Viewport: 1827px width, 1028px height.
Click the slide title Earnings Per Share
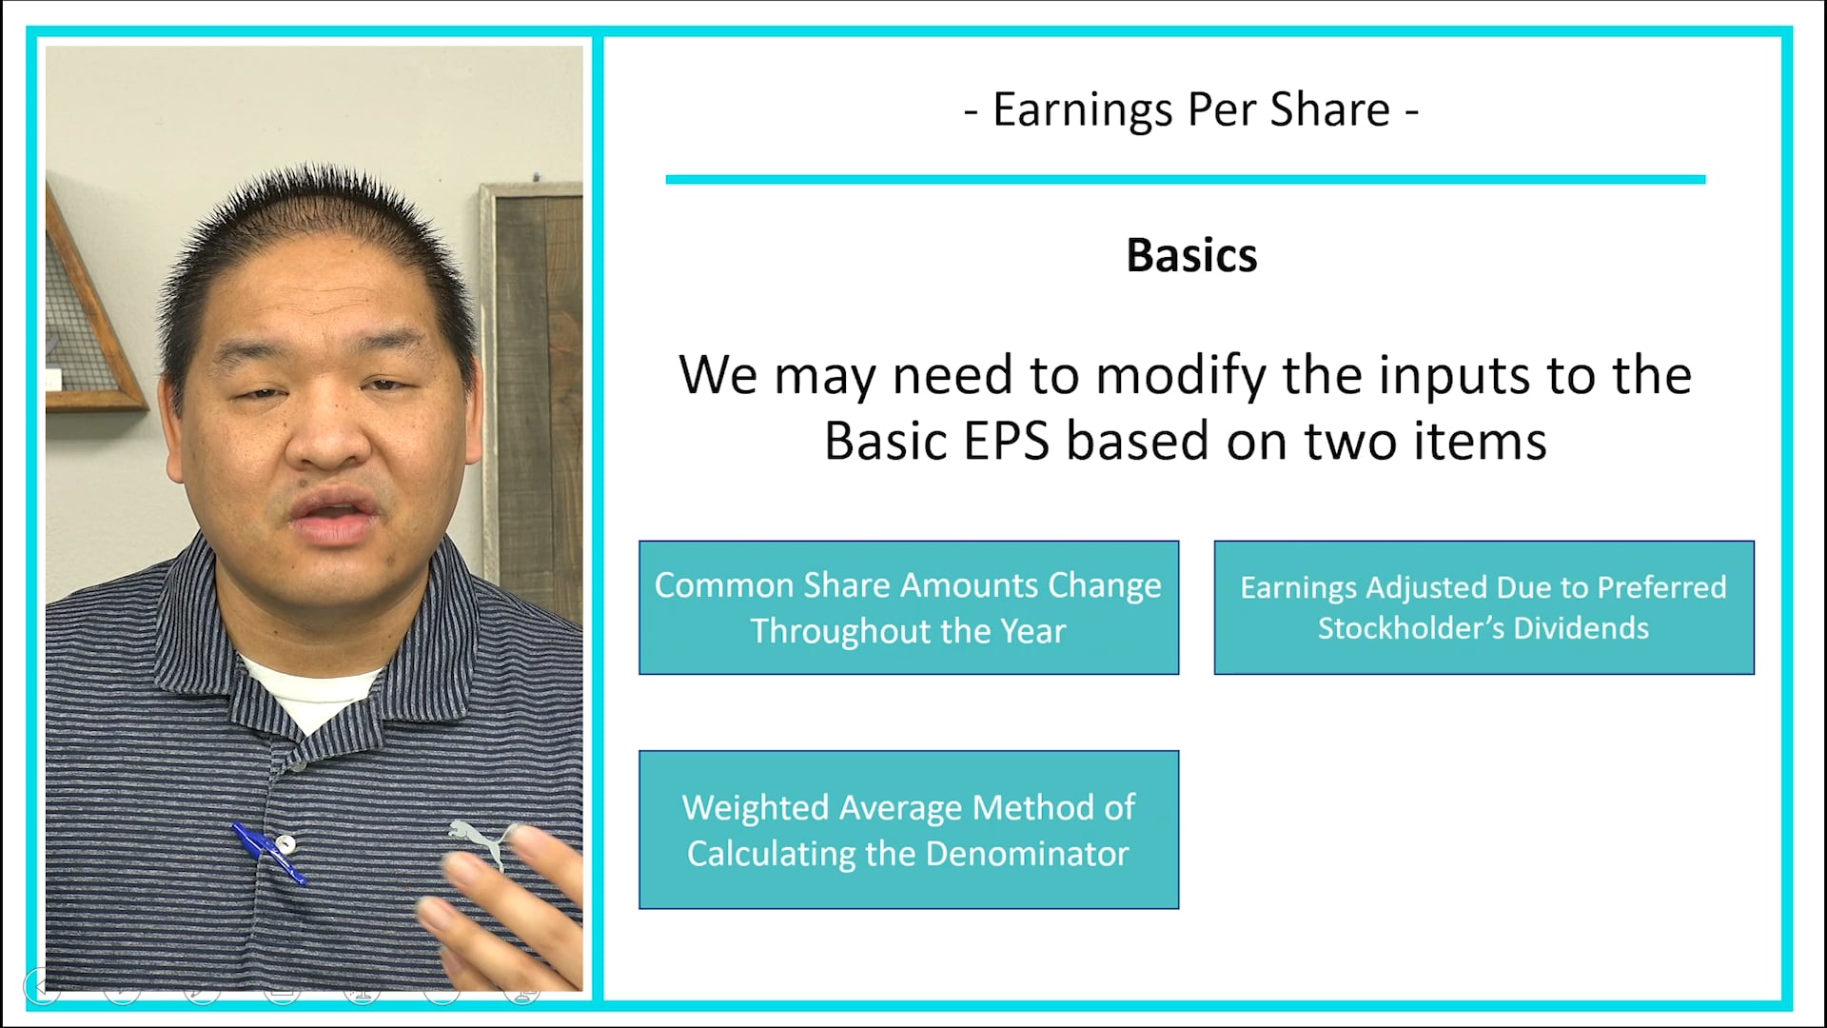click(1191, 109)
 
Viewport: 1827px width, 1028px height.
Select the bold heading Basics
click(1191, 255)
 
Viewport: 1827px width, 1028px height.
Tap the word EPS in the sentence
click(1006, 442)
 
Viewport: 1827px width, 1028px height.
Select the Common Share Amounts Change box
click(909, 607)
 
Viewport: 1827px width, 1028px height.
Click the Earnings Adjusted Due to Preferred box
click(1483, 607)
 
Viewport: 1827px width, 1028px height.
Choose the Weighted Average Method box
click(909, 829)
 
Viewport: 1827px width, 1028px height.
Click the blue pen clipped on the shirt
click(269, 852)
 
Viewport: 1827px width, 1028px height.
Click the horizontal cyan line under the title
click(1185, 179)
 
